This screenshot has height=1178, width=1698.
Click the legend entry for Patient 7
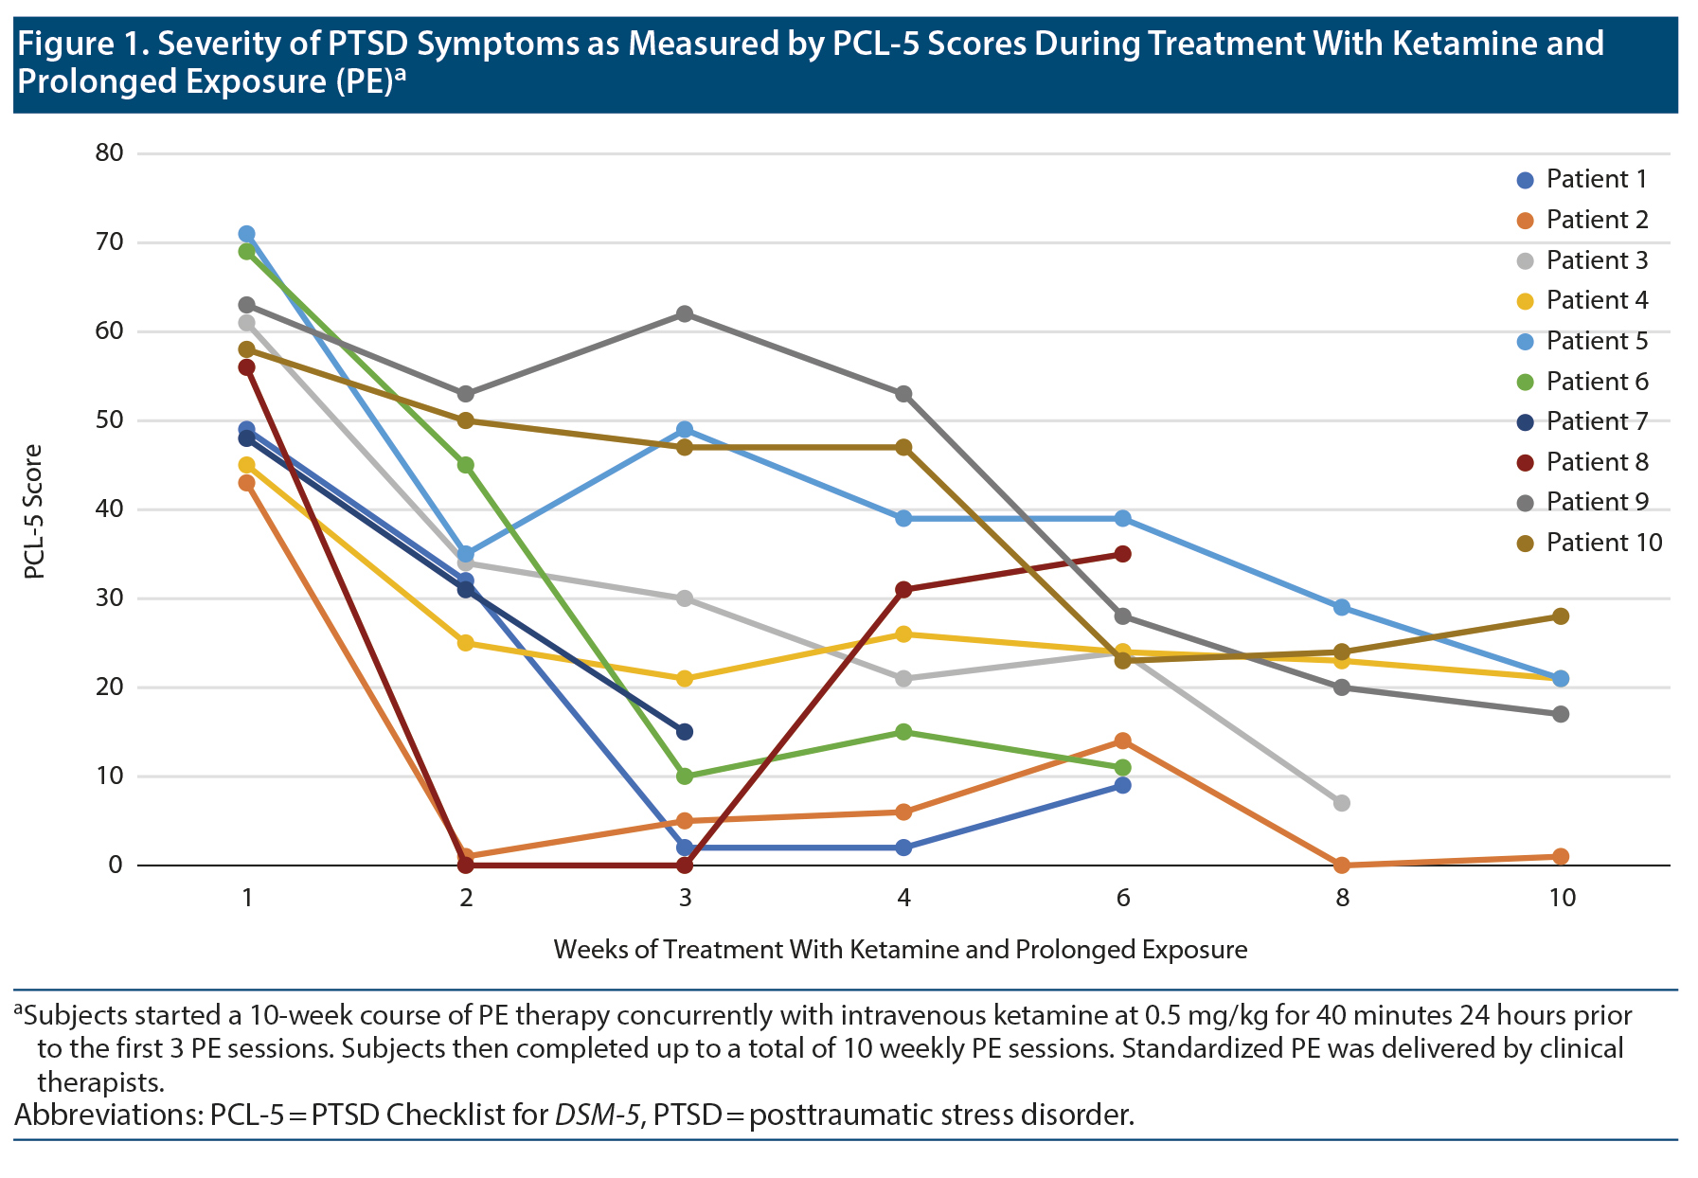coord(1597,421)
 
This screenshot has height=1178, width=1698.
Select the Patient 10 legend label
coord(1604,543)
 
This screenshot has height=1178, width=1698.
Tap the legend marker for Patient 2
coord(1525,221)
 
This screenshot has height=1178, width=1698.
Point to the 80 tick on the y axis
coord(110,153)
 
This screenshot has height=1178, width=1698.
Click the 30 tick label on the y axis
coord(110,598)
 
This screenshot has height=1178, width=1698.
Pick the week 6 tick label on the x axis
coord(1123,898)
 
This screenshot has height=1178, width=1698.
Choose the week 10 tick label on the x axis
coord(1562,898)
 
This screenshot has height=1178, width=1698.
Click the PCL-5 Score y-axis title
coord(34,511)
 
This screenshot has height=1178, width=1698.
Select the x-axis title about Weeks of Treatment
coord(900,950)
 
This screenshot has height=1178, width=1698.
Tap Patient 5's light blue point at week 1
coord(247,234)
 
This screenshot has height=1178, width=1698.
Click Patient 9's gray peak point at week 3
coord(685,314)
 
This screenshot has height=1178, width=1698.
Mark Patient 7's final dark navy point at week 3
coord(685,732)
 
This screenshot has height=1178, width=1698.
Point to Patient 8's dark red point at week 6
coord(1123,554)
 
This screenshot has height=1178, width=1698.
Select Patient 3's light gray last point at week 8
coord(1342,803)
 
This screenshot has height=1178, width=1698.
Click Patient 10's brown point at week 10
coord(1562,616)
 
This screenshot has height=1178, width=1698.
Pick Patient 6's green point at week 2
coord(466,465)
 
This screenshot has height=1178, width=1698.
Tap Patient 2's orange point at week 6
coord(1123,741)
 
